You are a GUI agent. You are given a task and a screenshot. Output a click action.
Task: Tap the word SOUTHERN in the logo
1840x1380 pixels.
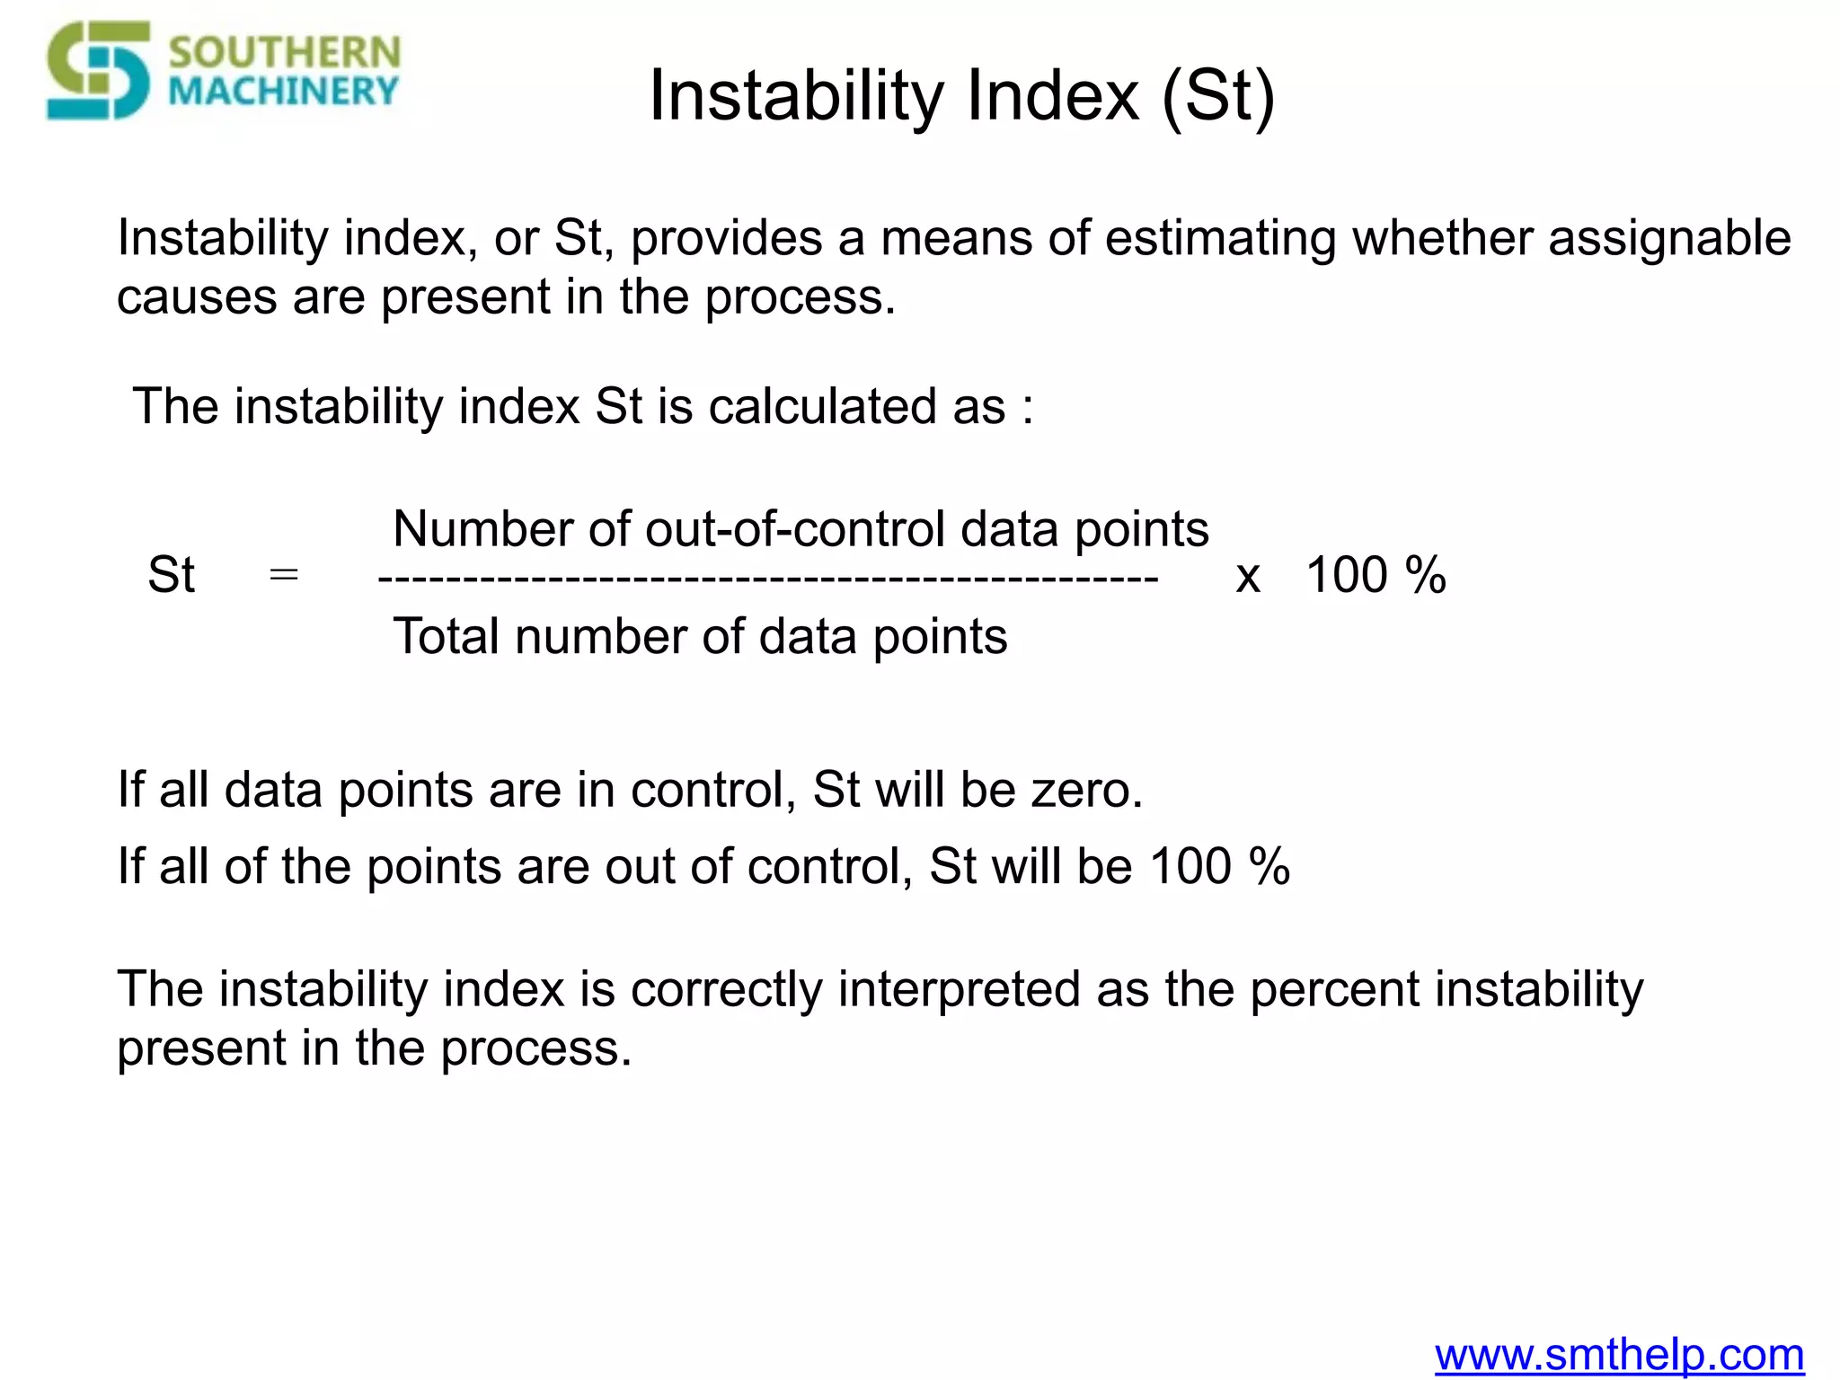point(284,52)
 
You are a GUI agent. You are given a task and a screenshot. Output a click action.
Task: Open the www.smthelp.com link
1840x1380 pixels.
point(1619,1355)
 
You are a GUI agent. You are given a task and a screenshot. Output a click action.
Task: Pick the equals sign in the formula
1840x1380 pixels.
point(284,573)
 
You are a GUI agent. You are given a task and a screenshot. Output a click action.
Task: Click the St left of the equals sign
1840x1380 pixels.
point(171,575)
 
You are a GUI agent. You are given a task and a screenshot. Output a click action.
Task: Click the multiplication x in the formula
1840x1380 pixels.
point(1248,576)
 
